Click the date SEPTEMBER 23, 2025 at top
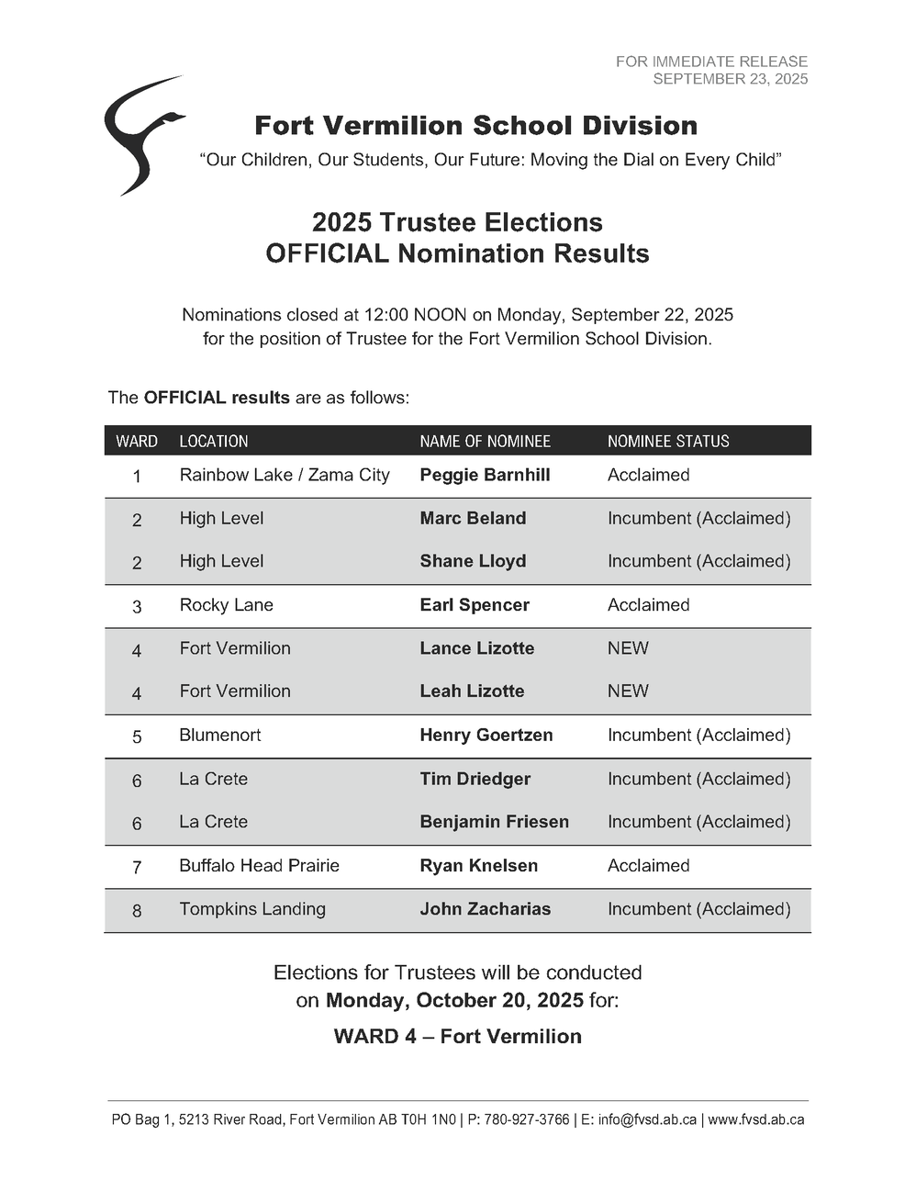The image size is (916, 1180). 730,79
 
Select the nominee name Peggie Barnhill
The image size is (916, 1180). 485,475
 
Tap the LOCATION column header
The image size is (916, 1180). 214,441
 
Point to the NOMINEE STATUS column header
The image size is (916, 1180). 668,441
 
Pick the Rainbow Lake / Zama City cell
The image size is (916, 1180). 285,475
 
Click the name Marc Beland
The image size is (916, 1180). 473,518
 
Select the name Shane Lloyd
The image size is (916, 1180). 473,561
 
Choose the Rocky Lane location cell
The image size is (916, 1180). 227,605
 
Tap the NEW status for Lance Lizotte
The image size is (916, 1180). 628,648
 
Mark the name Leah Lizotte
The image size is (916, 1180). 472,691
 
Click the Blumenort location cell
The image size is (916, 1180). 220,736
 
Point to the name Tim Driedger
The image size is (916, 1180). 475,779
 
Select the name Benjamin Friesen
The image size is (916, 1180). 494,822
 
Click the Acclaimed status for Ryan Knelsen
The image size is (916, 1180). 648,866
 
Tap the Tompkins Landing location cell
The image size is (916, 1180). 252,909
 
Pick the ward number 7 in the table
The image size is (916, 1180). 137,867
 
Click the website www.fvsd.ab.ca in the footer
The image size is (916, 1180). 756,1119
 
